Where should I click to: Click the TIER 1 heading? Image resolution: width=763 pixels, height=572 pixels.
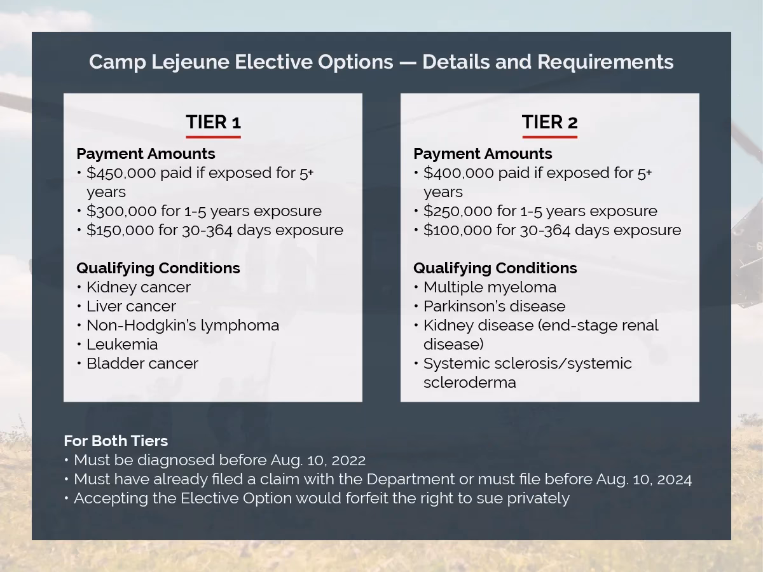pos(213,122)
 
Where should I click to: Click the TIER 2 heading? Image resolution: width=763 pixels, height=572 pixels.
pos(549,122)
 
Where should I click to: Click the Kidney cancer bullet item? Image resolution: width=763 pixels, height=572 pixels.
pos(138,287)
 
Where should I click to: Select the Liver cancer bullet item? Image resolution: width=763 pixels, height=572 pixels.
pos(131,306)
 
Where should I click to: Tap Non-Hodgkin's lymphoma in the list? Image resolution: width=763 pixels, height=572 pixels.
pos(182,325)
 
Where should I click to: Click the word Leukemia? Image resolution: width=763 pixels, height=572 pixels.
pos(122,344)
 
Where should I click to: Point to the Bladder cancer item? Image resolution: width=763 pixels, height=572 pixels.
pos(142,364)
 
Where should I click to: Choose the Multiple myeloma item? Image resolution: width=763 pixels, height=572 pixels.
pos(490,287)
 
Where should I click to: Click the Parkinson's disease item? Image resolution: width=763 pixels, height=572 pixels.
pos(494,306)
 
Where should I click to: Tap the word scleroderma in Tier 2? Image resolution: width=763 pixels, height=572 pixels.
pos(469,383)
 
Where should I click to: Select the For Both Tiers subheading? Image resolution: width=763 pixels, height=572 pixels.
pos(116,441)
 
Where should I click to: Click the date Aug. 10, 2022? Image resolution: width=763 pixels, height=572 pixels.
pos(318,460)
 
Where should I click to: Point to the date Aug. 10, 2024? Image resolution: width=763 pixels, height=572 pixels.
pos(643,479)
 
